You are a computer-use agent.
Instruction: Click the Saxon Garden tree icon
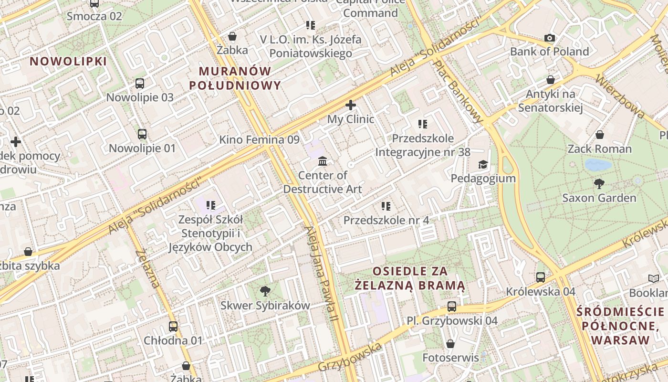[599, 183]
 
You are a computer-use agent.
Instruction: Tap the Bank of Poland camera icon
[550, 38]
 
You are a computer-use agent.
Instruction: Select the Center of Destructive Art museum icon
[323, 161]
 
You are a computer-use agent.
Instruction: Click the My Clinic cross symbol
[351, 105]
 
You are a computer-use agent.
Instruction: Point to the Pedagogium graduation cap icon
[483, 165]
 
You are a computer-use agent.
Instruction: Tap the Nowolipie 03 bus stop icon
[140, 84]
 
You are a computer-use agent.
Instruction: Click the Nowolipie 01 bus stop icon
[142, 134]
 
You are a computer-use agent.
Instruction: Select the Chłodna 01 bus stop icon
[173, 327]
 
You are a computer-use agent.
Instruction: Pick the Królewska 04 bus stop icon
[541, 277]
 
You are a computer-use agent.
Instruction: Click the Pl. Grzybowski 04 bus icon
[452, 307]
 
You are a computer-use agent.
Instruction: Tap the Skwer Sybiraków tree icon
[265, 291]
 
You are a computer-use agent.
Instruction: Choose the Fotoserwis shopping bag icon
[450, 344]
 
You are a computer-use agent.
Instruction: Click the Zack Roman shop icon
[600, 135]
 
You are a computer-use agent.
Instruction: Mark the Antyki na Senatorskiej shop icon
[551, 80]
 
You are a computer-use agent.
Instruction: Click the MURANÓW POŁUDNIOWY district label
[235, 78]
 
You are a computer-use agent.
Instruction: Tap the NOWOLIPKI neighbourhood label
[68, 61]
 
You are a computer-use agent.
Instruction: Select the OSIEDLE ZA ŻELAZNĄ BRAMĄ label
[410, 278]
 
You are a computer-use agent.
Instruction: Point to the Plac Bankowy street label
[459, 91]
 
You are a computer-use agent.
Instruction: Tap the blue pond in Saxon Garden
[598, 165]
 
